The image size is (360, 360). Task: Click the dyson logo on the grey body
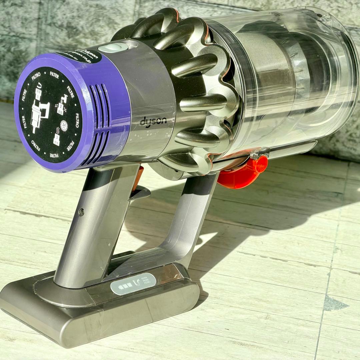pyautogui.click(x=153, y=122)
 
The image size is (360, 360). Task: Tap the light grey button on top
pyautogui.click(x=113, y=48)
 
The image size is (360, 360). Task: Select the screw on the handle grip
pyautogui.click(x=81, y=212)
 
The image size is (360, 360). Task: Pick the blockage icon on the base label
pyautogui.click(x=136, y=283)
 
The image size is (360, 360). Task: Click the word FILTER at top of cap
pyautogui.click(x=54, y=76)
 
